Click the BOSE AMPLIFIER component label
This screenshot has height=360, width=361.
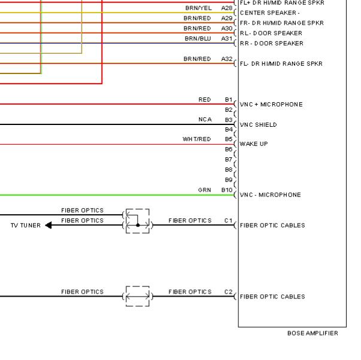[313, 333]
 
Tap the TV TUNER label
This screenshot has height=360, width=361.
[26, 225]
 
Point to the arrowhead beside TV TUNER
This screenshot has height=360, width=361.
[48, 225]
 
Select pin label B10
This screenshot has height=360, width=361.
[227, 190]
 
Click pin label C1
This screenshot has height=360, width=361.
[228, 221]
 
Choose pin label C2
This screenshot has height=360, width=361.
[228, 292]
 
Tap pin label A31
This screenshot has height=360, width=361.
[227, 38]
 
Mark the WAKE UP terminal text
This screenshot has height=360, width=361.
[254, 144]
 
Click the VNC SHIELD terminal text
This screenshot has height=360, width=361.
[258, 124]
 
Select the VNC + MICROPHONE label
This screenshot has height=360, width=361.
[271, 105]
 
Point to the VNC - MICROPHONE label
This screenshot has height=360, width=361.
[270, 195]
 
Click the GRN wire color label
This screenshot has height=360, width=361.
[204, 190]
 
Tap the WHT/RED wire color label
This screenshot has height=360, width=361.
[196, 139]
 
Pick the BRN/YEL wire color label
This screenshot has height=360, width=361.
[198, 8]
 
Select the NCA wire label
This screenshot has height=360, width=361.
[205, 120]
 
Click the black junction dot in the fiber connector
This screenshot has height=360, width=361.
[138, 225]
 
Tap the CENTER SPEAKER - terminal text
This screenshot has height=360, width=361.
[270, 13]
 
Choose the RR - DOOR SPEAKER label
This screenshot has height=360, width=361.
[272, 43]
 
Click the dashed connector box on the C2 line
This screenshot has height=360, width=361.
[138, 286]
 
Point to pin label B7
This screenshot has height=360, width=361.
[229, 160]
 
